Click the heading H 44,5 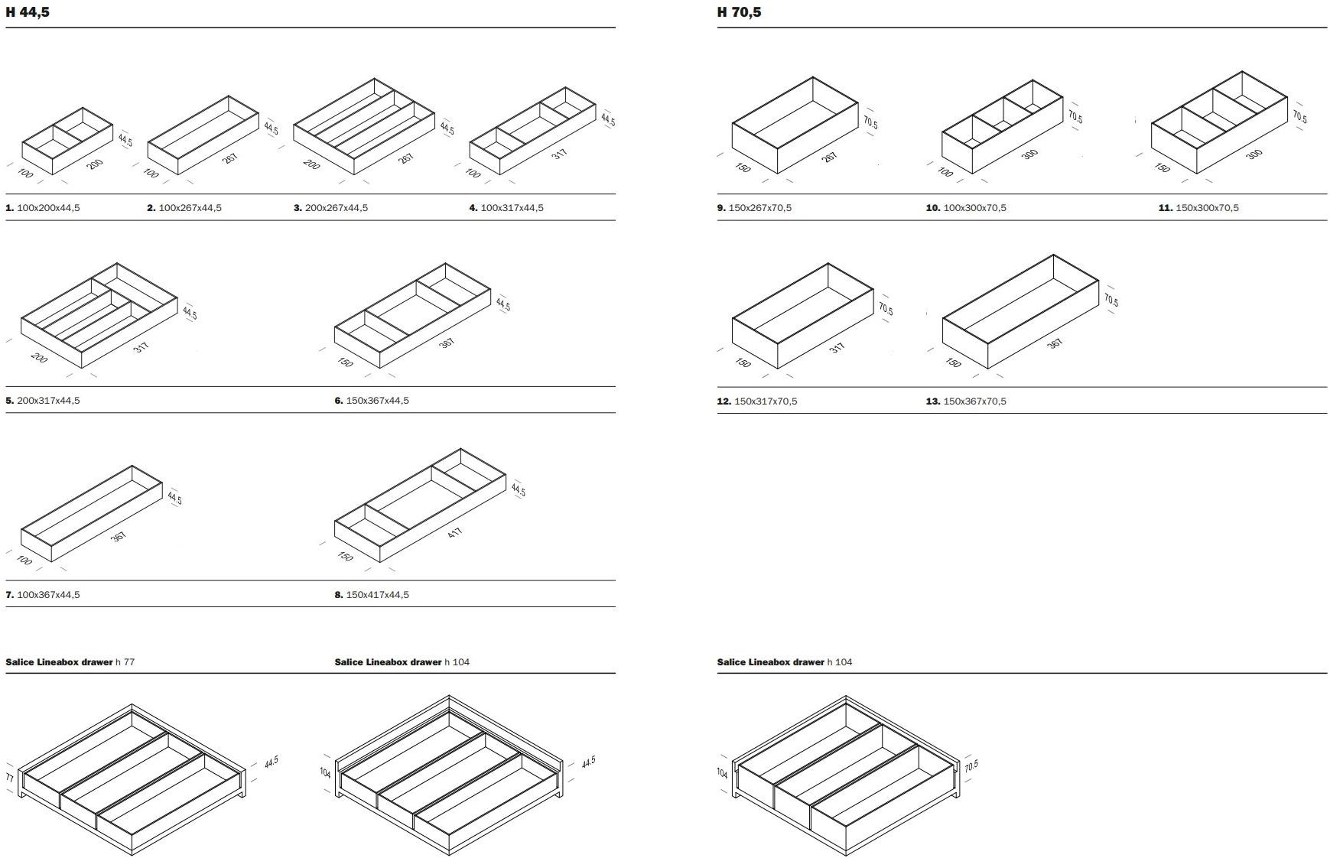coord(28,12)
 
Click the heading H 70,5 coord(739,12)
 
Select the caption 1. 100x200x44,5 coord(43,208)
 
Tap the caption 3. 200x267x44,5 coord(330,208)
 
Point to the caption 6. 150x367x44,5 coord(372,401)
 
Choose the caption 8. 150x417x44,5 coord(372,595)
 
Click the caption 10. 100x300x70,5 coord(966,208)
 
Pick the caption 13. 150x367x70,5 coord(966,401)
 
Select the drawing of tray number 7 coord(92,512)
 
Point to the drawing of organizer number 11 coord(1220,122)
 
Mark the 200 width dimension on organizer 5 coord(38,358)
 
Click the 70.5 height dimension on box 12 coord(886,309)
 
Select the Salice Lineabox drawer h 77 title coord(70,662)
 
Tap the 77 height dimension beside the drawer coord(10,778)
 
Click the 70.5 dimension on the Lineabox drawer coord(971,765)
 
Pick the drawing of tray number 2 coord(203,135)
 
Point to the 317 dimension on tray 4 coord(560,154)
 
